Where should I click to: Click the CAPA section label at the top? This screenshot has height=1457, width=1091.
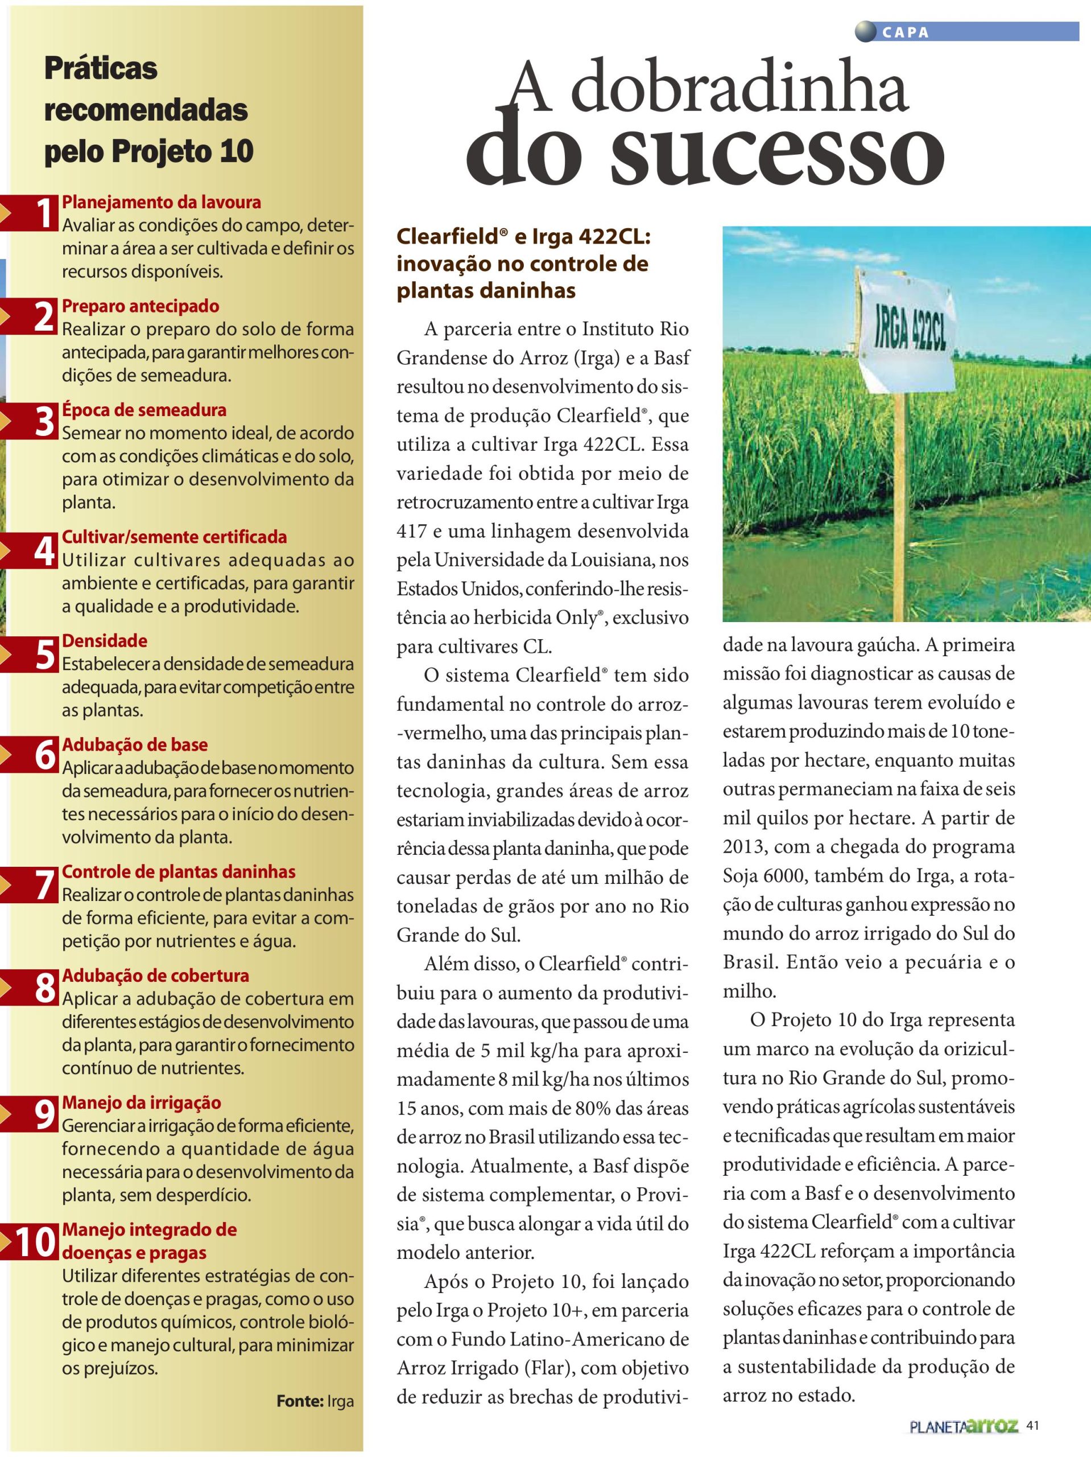pyautogui.click(x=906, y=33)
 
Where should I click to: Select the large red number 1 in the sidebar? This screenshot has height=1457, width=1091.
pyautogui.click(x=43, y=213)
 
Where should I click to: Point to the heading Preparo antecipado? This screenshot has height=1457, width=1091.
pyautogui.click(x=140, y=306)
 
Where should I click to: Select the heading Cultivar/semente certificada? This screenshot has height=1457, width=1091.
pyautogui.click(x=175, y=537)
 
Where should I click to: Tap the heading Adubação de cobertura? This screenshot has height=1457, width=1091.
pyautogui.click(x=155, y=976)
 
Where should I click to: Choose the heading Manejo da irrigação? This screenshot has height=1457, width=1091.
pyautogui.click(x=142, y=1102)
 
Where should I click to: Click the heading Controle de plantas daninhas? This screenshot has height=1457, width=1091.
pyautogui.click(x=179, y=872)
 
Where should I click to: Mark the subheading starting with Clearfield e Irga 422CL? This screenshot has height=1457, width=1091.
pyautogui.click(x=523, y=264)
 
